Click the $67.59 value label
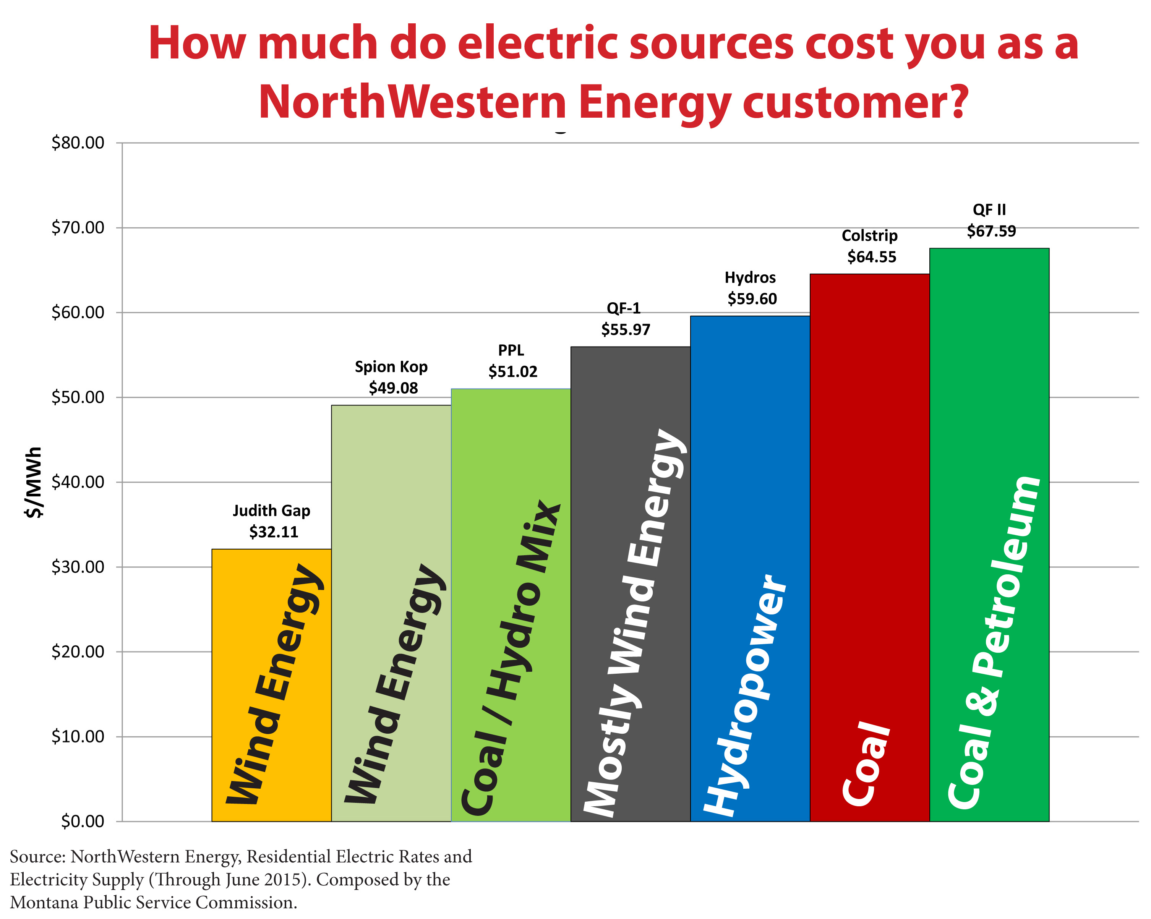point(991,231)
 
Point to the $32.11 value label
point(273,532)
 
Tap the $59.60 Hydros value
point(752,298)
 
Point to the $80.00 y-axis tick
point(78,143)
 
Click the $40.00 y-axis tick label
point(78,482)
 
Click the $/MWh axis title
point(33,482)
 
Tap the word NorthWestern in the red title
point(411,101)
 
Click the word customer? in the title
point(854,101)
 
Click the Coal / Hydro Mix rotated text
point(510,656)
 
